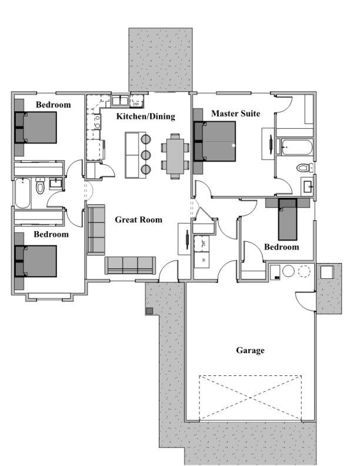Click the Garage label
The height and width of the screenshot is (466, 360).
tap(250, 351)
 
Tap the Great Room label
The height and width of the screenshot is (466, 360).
tap(138, 219)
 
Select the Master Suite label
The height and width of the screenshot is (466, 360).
tap(235, 114)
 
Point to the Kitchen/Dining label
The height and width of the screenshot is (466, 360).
tap(145, 116)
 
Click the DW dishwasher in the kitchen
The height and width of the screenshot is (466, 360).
tap(136, 102)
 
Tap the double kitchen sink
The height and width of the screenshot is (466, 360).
tap(120, 101)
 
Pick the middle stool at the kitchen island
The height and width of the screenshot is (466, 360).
tap(145, 154)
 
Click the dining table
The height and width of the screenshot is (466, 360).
tap(175, 156)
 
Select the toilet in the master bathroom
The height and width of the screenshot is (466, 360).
tap(305, 168)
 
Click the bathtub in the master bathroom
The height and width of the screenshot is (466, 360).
tap(296, 147)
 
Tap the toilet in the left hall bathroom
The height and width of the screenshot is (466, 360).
tap(40, 186)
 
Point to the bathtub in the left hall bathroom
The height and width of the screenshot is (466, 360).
tap(23, 193)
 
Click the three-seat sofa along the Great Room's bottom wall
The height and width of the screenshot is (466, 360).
tap(130, 265)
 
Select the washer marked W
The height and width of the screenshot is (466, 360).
tap(202, 259)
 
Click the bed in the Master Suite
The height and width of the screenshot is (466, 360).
tap(215, 141)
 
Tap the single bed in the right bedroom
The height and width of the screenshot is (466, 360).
tap(287, 219)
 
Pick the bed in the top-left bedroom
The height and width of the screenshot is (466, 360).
tap(36, 128)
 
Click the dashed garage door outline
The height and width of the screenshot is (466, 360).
tap(250, 398)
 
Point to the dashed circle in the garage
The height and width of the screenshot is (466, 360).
tap(304, 271)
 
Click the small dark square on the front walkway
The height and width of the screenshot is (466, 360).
tap(149, 311)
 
